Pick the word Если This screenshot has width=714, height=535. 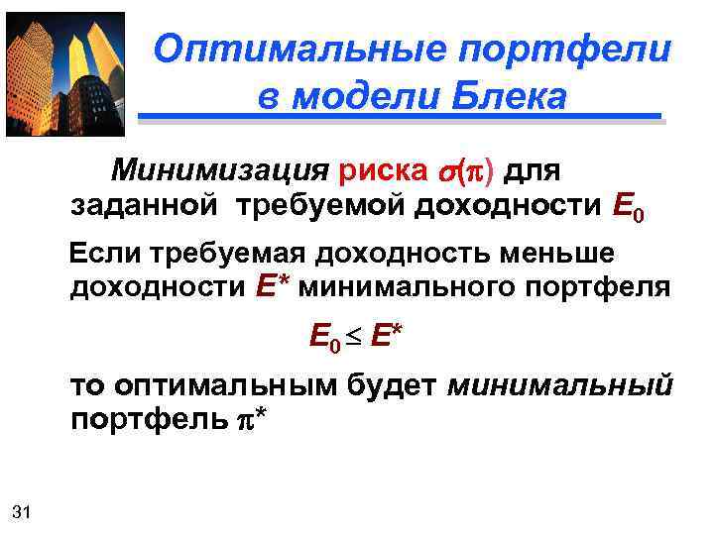(106, 254)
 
